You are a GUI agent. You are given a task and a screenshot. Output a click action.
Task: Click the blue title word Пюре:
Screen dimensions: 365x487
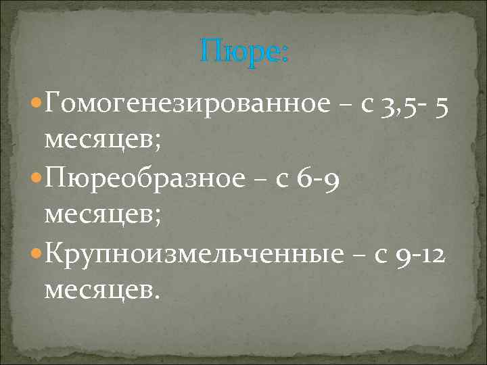pos(244,53)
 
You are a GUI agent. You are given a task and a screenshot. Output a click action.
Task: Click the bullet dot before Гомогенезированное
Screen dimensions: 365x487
pos(37,104)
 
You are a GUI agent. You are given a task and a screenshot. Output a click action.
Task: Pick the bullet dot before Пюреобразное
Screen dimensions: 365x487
pos(37,179)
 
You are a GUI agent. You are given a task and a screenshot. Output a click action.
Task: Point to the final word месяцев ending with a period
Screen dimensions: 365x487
pos(102,290)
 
